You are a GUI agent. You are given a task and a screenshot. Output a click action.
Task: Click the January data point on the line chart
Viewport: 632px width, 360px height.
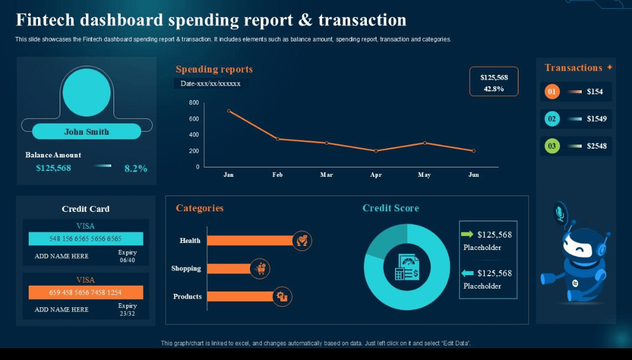click(x=229, y=111)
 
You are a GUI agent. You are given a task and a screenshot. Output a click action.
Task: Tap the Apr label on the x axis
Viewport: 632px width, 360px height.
click(x=376, y=175)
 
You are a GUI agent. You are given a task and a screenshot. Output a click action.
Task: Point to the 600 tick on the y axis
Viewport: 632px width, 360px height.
click(x=194, y=119)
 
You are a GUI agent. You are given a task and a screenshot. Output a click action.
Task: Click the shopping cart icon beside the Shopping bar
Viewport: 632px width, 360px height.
click(x=260, y=269)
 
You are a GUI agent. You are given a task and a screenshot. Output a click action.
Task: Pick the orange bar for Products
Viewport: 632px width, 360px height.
click(x=240, y=296)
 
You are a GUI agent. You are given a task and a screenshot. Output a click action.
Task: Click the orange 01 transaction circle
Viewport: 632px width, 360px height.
click(x=552, y=91)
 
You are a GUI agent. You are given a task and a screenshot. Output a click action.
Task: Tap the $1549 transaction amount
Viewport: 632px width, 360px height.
click(x=597, y=119)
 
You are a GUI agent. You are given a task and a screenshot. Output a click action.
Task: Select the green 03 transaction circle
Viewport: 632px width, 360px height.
click(x=552, y=146)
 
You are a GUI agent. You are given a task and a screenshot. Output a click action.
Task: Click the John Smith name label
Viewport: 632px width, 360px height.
click(x=87, y=132)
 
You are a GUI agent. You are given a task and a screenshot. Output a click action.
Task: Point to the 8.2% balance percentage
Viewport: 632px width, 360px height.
click(x=136, y=169)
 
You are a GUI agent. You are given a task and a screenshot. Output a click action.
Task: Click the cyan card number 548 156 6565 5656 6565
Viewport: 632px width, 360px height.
click(x=85, y=239)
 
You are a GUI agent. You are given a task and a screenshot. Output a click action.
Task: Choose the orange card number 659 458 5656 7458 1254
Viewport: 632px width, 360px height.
click(x=85, y=292)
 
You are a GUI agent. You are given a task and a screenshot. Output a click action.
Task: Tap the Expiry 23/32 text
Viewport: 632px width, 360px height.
click(x=127, y=309)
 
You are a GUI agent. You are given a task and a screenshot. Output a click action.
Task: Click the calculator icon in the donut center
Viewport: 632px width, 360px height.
click(x=407, y=267)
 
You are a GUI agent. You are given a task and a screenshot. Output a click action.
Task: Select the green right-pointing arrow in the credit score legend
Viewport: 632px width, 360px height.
click(x=467, y=234)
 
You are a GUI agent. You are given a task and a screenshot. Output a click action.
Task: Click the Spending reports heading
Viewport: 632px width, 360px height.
click(x=214, y=69)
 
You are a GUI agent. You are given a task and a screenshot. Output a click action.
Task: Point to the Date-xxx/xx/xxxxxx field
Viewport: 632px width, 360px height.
click(x=211, y=84)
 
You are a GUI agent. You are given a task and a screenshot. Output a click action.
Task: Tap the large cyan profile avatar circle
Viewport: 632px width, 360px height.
click(x=87, y=92)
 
